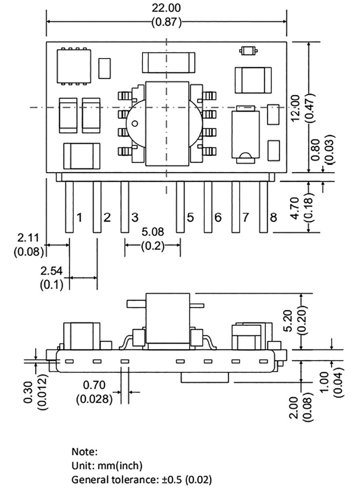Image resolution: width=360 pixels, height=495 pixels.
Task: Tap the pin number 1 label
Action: click(x=80, y=217)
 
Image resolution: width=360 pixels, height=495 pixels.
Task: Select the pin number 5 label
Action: click(x=190, y=217)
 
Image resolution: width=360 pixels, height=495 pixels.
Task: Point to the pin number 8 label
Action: click(x=274, y=217)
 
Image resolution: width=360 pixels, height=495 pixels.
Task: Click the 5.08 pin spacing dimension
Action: click(x=153, y=232)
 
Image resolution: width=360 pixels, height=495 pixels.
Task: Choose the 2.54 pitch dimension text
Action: click(x=51, y=271)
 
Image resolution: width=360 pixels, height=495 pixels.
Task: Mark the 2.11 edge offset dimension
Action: click(x=29, y=237)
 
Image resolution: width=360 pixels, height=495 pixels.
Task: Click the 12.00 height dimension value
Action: click(x=296, y=108)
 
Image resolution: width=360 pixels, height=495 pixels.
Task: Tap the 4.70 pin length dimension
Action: click(x=295, y=208)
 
